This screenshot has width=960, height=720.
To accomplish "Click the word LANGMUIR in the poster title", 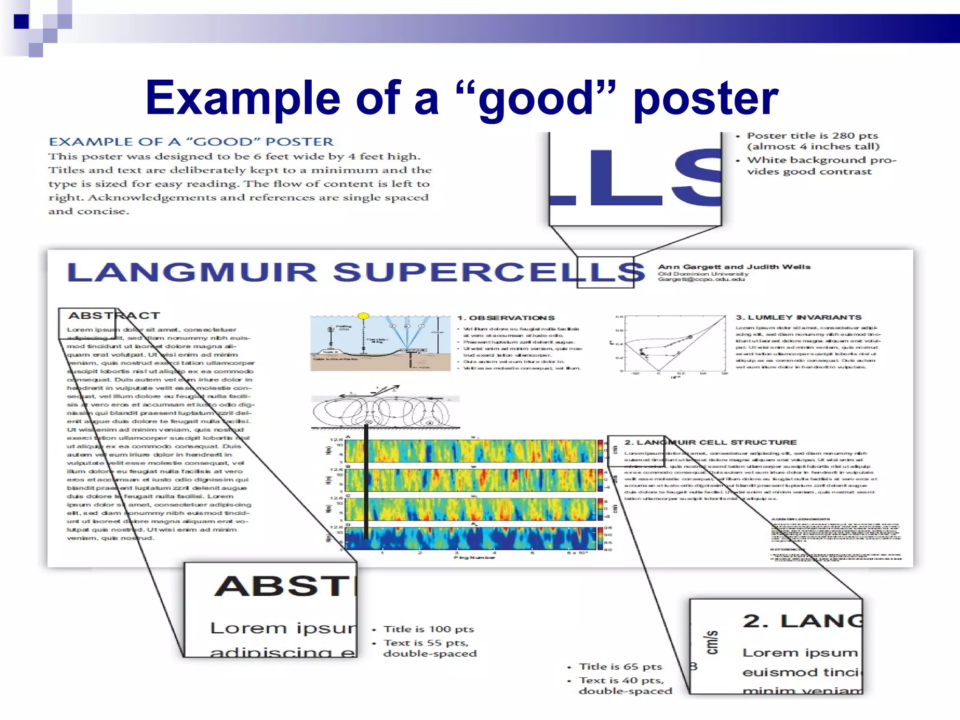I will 192,272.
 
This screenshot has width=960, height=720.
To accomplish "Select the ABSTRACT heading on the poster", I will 114,315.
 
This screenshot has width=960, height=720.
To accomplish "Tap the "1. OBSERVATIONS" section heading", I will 506,318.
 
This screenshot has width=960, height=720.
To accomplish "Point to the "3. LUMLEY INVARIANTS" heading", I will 798,317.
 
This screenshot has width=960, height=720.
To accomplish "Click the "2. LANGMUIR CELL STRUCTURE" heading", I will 710,442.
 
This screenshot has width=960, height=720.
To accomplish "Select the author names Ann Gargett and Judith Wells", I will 734,267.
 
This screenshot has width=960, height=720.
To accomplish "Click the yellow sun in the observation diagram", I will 363,316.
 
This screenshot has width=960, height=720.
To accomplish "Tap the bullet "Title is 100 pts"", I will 428,629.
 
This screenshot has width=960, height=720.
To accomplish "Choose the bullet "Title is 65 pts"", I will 620,667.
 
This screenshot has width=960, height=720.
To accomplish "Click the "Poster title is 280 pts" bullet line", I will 812,136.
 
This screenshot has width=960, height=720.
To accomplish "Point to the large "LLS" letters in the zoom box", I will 635,178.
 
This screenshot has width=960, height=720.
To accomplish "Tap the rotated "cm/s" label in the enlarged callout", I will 712,642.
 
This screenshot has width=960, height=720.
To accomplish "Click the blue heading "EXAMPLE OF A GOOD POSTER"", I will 191,142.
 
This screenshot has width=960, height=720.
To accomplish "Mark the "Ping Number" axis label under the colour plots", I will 474,557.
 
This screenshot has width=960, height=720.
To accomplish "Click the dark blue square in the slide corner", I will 22,22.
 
